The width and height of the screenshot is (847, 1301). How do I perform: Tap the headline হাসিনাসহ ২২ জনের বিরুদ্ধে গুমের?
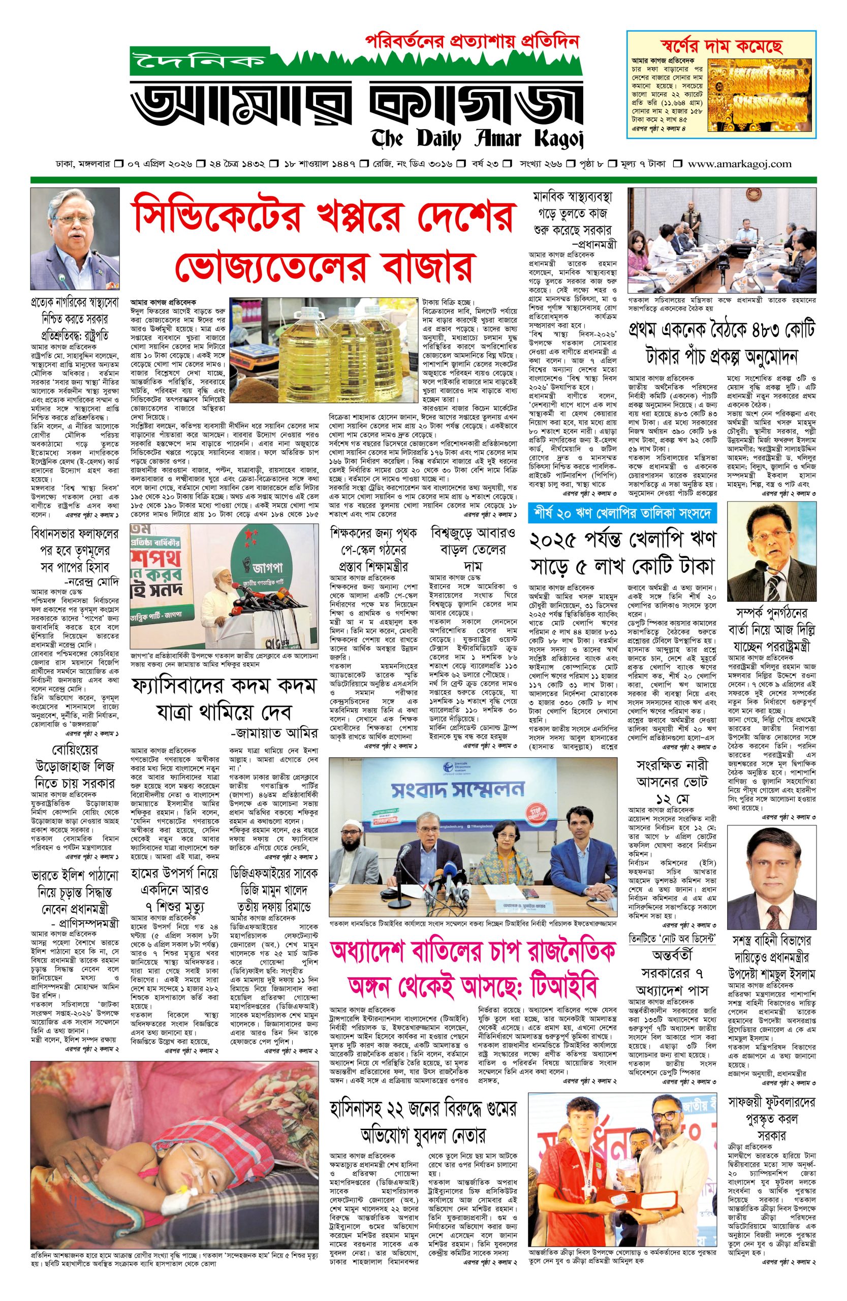[x=424, y=1107]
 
